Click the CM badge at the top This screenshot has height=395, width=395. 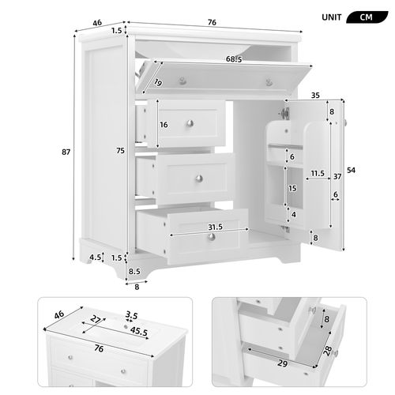click(x=366, y=17)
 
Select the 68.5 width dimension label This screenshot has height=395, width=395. click(x=211, y=59)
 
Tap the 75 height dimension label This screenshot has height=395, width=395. click(x=119, y=152)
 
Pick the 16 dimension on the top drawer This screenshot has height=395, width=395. click(x=164, y=125)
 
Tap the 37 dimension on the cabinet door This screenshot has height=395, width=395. click(x=336, y=175)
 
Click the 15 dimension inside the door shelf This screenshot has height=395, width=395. click(x=292, y=188)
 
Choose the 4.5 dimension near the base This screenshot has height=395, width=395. click(x=94, y=257)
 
